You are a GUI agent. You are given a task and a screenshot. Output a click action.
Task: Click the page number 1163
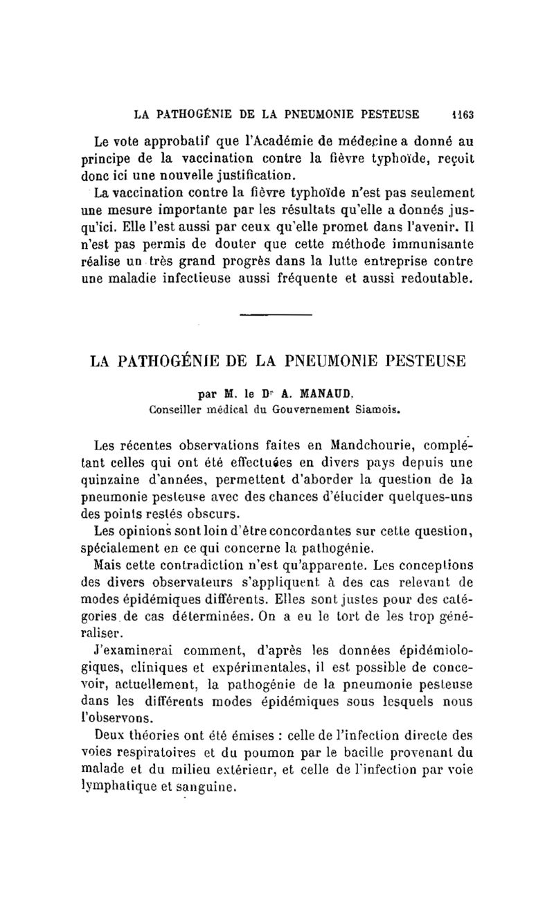(458, 114)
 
